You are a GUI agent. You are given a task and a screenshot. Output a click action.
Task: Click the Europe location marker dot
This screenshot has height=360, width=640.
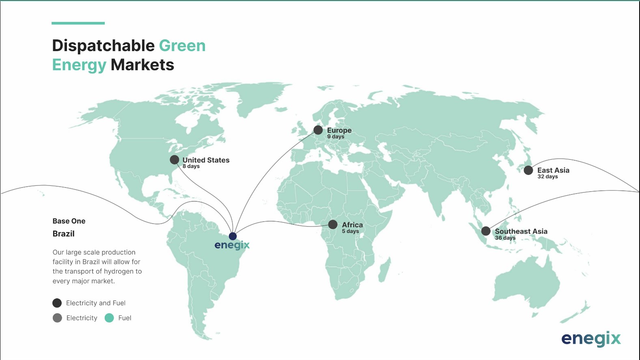(318, 130)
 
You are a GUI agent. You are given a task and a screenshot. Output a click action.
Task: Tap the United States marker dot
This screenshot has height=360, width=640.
(175, 160)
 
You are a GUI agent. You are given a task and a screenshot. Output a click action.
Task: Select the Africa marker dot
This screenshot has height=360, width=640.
(333, 224)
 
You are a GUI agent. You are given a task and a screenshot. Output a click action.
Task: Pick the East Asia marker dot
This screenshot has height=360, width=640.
(528, 170)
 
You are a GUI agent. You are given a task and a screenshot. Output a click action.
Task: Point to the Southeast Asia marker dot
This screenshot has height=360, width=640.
(486, 231)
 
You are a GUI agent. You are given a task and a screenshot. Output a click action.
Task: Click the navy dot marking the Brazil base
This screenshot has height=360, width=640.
(233, 236)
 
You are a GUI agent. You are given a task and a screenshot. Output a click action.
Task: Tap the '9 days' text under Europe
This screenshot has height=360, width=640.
(336, 137)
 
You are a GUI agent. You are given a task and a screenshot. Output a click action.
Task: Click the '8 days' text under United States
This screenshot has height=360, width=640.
(191, 166)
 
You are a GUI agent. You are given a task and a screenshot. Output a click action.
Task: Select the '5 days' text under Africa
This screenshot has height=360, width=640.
(350, 231)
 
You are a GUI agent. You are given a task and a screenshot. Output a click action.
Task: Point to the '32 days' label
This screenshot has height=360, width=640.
(547, 177)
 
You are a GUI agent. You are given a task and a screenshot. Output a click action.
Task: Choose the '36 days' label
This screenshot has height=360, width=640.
(505, 238)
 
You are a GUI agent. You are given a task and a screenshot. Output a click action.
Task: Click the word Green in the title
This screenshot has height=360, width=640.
(182, 45)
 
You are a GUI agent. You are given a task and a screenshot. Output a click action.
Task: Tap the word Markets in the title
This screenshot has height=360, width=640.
(142, 65)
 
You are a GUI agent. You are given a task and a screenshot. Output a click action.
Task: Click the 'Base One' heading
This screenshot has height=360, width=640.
(69, 221)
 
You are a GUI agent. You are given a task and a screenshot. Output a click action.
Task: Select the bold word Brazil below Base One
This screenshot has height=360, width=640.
(64, 234)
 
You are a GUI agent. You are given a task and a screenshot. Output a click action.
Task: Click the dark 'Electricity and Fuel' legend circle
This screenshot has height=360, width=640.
(57, 303)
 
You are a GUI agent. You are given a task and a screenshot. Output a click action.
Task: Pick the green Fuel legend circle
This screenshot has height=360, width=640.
(109, 318)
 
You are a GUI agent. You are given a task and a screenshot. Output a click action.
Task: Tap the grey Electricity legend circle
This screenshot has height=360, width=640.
(57, 318)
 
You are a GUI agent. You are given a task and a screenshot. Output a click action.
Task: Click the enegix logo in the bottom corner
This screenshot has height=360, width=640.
(591, 338)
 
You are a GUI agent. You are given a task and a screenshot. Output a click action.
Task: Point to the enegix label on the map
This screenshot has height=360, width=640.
(232, 245)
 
